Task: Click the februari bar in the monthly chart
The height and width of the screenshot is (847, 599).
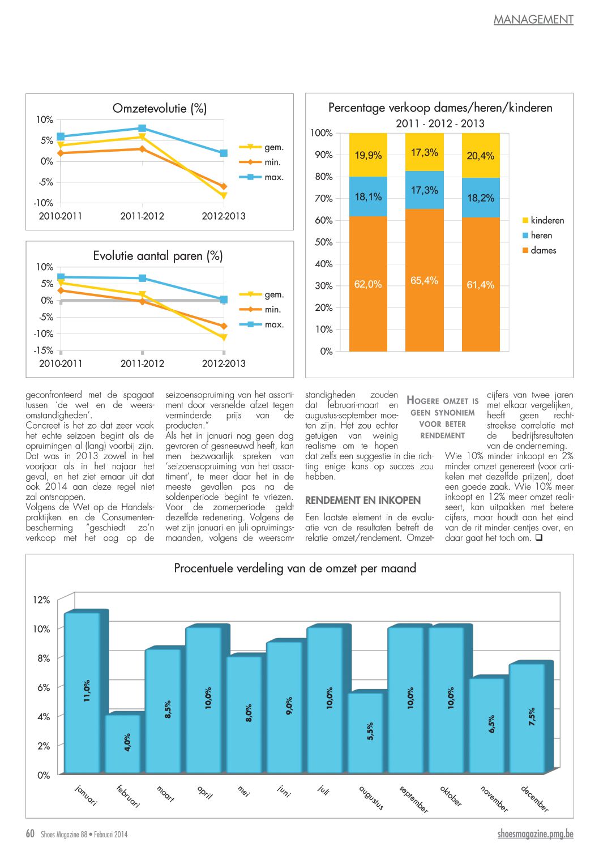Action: [x=123, y=744]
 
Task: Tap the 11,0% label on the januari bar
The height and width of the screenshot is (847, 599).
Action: [x=87, y=691]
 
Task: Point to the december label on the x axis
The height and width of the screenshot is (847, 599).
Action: [x=534, y=799]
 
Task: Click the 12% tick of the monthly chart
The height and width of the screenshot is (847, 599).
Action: [x=41, y=600]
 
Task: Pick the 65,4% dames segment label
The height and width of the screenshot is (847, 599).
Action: [x=424, y=281]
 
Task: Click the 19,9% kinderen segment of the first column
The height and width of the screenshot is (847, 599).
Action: [x=368, y=155]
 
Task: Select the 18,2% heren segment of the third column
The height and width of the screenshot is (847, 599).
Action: [x=481, y=198]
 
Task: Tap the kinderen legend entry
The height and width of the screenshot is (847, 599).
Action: [x=543, y=220]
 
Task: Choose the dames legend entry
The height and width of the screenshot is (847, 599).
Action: [x=539, y=250]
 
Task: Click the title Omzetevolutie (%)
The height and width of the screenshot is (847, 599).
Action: [x=160, y=109]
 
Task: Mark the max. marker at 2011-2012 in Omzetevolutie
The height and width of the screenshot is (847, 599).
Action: [x=142, y=128]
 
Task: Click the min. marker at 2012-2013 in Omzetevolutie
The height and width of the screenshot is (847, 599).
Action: [x=224, y=186]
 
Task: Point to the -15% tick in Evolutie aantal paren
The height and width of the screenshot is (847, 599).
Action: [x=44, y=350]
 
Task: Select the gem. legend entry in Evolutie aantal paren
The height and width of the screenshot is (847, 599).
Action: [x=262, y=294]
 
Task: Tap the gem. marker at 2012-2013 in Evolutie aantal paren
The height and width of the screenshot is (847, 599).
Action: [x=224, y=337]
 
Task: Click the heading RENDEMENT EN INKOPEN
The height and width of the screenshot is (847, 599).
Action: [x=363, y=500]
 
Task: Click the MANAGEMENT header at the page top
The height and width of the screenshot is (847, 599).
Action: [x=533, y=19]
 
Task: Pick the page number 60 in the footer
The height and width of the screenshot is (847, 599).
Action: [x=30, y=833]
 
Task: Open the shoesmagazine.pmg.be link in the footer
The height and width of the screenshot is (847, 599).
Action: [x=536, y=834]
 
